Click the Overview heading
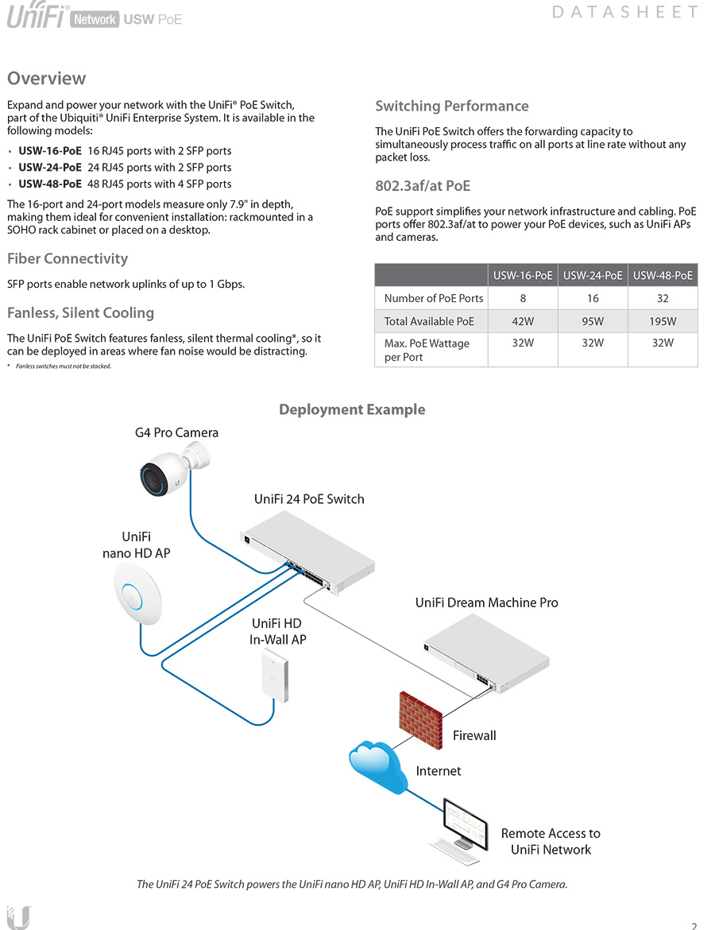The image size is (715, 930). click(46, 78)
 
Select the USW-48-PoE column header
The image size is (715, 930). click(663, 275)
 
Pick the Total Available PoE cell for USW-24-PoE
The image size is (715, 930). click(593, 321)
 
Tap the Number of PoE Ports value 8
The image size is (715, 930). click(523, 298)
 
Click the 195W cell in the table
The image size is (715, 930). click(663, 321)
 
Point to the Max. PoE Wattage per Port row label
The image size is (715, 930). click(427, 350)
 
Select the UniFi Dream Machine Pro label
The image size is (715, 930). click(486, 603)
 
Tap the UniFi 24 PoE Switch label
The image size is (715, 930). click(309, 499)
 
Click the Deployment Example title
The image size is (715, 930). click(352, 409)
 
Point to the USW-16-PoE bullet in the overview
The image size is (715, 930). click(50, 150)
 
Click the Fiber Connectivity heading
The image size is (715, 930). click(68, 258)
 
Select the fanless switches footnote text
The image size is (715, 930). click(63, 366)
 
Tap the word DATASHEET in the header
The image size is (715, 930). click(624, 12)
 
